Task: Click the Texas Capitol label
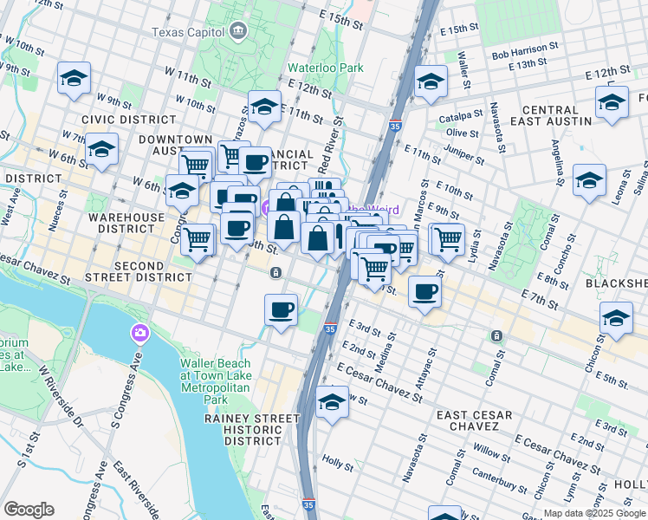189,33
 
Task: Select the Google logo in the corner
29,509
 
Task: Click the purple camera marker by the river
139,333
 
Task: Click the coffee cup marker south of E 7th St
424,291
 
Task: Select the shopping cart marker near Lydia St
448,237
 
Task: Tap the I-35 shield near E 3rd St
330,329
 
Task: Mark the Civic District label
117,119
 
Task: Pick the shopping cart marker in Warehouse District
198,237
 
